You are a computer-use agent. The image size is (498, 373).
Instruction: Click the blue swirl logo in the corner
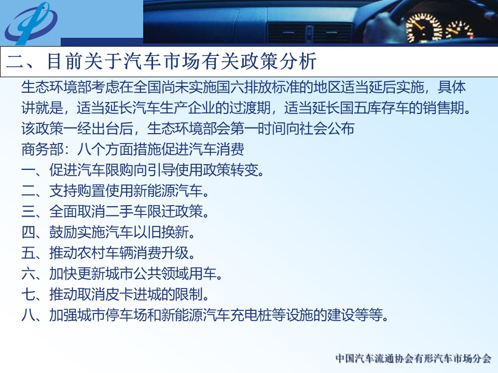(31, 23)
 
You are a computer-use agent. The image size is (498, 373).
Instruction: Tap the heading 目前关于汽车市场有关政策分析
(182, 61)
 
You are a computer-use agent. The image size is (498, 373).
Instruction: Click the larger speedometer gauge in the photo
(424, 28)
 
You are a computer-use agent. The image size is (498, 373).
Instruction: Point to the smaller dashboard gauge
(460, 30)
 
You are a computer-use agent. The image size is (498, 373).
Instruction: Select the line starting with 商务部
(133, 149)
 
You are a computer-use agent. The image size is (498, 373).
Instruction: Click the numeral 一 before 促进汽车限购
(28, 170)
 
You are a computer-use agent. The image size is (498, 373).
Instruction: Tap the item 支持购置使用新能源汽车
(129, 191)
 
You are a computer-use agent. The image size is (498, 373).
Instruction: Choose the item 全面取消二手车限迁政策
(129, 211)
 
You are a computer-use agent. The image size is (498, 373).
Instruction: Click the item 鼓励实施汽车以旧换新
(121, 233)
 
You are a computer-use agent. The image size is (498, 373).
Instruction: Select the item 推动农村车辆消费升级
(121, 253)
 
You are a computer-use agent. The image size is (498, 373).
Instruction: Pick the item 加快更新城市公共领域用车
(135, 274)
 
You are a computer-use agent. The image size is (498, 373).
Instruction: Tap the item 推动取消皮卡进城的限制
(129, 295)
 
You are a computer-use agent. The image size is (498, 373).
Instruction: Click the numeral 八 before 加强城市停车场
(28, 315)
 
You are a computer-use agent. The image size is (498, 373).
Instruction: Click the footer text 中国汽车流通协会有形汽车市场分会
(413, 358)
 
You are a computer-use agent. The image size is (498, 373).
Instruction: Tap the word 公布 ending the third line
(340, 129)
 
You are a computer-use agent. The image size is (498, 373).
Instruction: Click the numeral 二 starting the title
(15, 61)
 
